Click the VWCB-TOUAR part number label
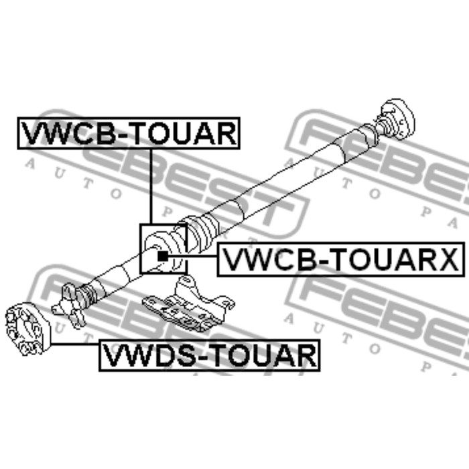(x=129, y=133)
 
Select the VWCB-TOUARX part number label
(x=340, y=259)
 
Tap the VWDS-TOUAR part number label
(x=209, y=355)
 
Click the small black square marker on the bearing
(x=163, y=256)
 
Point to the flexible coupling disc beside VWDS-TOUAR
(x=27, y=329)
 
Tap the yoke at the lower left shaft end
(x=69, y=305)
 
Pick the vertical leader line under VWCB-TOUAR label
(x=151, y=186)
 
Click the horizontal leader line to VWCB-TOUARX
(x=192, y=257)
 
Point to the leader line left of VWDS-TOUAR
(x=75, y=344)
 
